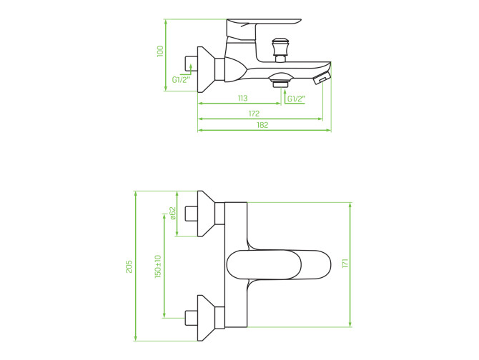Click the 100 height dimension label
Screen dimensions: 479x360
pos(160,51)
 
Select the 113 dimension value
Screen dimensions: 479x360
pos(242,99)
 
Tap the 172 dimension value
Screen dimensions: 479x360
pos(254,114)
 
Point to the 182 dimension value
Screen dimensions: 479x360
pos(262,125)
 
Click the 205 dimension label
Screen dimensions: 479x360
pos(129,266)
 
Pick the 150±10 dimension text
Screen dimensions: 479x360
pos(157,266)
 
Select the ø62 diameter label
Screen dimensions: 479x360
pos(172,214)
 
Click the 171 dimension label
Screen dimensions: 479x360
pos(345,264)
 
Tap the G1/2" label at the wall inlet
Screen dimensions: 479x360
pos(181,80)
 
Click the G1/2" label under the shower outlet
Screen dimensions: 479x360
pos(296,99)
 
